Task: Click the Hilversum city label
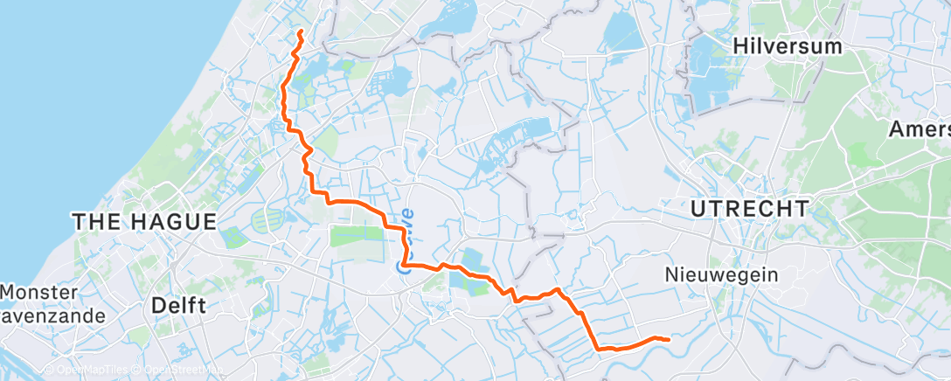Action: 788,45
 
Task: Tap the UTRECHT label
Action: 749,209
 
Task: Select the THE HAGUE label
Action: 144,222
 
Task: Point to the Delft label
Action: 178,306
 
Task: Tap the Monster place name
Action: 38,291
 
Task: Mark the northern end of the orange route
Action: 300,31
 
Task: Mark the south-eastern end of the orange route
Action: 669,339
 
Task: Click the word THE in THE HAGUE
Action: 93,222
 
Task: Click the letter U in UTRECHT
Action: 698,209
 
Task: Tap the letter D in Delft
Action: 157,306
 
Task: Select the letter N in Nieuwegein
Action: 671,275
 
